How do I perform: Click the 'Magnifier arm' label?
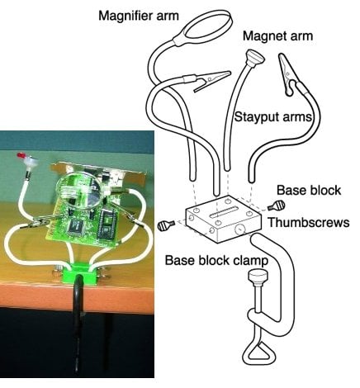click(139, 16)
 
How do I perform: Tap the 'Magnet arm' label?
click(277, 36)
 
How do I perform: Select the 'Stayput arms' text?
click(272, 117)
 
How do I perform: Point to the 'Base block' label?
click(309, 190)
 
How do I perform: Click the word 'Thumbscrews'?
click(309, 222)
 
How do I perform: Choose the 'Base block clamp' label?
click(216, 260)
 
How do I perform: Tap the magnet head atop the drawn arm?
click(255, 57)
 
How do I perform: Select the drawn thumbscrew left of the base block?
click(166, 225)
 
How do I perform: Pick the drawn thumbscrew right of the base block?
click(277, 206)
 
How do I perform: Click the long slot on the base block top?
click(224, 212)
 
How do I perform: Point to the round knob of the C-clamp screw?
click(258, 276)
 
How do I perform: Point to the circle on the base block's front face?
click(239, 228)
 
